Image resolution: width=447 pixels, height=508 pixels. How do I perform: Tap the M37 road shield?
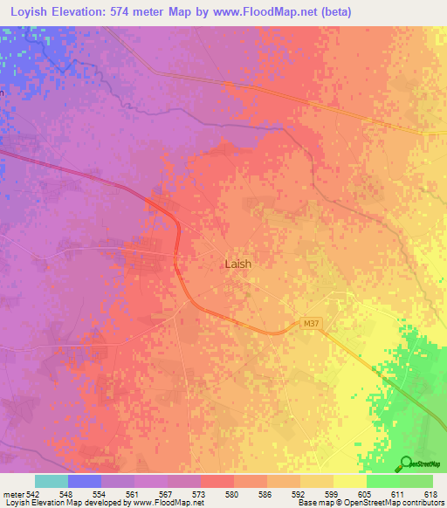coord(310,324)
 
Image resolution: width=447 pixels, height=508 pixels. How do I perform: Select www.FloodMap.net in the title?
coord(261,12)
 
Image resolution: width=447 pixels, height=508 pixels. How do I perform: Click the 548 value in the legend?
coord(66,494)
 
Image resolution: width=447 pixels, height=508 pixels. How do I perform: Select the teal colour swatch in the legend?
coord(51,481)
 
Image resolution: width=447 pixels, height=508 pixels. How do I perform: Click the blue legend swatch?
coord(84,481)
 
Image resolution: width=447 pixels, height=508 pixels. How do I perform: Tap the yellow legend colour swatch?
coord(349,481)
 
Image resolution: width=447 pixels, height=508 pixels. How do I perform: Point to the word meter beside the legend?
coord(14,494)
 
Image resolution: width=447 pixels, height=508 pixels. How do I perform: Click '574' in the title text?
coord(138,12)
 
